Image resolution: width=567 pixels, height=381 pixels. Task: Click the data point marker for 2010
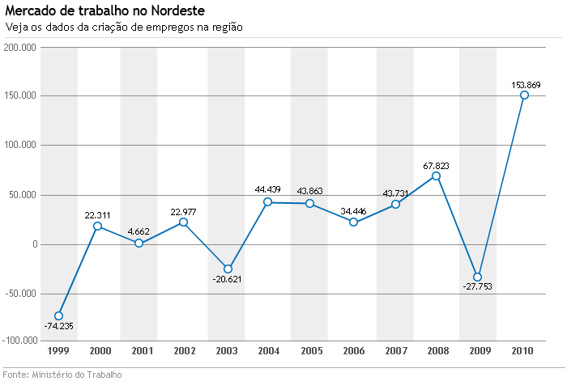(x=524, y=95)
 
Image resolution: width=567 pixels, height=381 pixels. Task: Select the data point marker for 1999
(x=58, y=316)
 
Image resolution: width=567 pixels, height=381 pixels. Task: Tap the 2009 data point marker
(x=477, y=277)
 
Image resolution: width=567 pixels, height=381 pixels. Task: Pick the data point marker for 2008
(x=436, y=176)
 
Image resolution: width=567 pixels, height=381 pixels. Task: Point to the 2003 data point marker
(x=228, y=269)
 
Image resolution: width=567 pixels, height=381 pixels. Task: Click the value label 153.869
(x=526, y=84)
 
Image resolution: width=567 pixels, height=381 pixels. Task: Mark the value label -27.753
(x=478, y=287)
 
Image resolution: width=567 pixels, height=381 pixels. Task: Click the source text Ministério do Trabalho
(x=77, y=375)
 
